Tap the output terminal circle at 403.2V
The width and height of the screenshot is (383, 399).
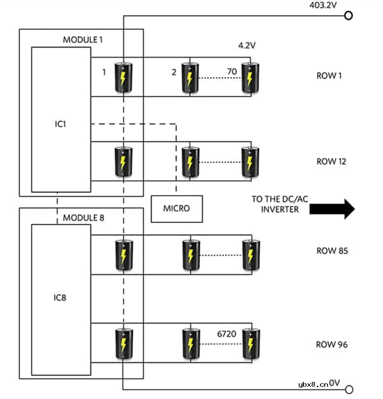pos(349,16)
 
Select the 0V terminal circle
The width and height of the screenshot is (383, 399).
pos(349,390)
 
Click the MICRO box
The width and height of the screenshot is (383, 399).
pos(176,209)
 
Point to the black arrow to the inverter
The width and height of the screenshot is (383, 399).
pos(332,209)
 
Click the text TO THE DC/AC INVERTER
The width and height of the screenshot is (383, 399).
pos(280,204)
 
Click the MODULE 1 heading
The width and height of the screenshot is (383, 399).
pos(83,40)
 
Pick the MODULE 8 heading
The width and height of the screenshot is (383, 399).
pos(84,218)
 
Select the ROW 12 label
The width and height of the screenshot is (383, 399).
pos(331,162)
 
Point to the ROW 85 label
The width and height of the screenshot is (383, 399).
pos(332,251)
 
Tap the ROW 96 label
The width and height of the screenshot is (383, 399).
pos(331,345)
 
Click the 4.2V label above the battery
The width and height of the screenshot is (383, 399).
pos(247,46)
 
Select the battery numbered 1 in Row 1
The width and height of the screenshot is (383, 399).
pos(123,77)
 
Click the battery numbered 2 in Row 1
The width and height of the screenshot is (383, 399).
pos(190,77)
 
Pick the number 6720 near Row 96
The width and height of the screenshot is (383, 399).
pos(227,334)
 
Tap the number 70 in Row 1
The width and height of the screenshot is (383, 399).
pos(232,72)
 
